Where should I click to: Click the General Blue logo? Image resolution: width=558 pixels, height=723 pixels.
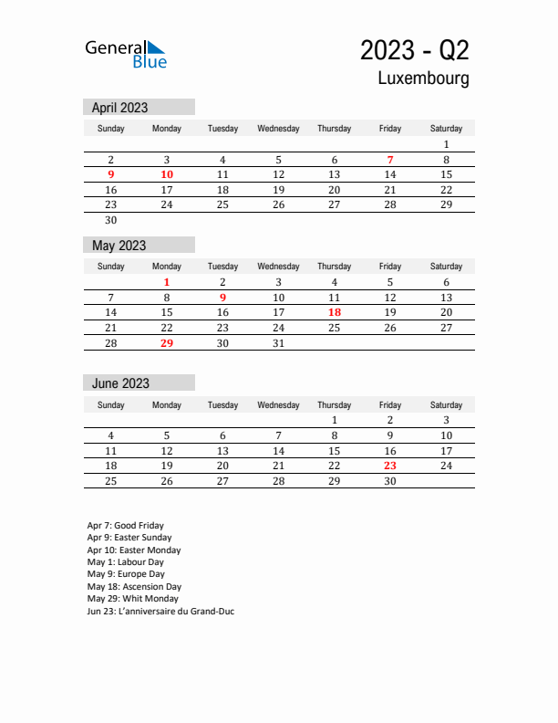pos(126,54)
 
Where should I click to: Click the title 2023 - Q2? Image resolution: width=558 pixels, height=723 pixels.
pos(415,49)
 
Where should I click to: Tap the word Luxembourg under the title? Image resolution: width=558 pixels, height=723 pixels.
pos(424,79)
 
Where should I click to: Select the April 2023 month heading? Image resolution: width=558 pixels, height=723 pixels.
pos(120,108)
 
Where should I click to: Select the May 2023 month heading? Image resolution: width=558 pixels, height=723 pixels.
pos(119,246)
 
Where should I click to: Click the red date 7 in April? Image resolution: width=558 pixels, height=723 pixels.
pos(390,160)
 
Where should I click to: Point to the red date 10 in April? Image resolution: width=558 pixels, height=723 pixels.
pos(167,174)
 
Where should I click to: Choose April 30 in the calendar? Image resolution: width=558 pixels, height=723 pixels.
pos(111,220)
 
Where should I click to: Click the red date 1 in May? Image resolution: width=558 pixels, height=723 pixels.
pos(167,283)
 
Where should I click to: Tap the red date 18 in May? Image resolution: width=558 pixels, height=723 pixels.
pos(335,312)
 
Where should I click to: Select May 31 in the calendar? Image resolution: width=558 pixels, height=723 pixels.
pos(279,343)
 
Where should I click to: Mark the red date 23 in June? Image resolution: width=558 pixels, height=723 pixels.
pos(390,466)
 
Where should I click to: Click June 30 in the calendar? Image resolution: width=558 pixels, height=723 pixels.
pos(390,481)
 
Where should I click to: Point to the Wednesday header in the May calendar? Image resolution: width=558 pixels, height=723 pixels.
pos(279,267)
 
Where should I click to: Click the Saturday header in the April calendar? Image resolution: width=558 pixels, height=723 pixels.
pos(446,129)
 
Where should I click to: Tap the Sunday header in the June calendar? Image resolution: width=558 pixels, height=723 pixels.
pos(111,404)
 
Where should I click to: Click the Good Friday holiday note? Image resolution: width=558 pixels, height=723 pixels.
pos(126,526)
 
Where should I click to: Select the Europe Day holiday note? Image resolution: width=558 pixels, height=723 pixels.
pos(126,574)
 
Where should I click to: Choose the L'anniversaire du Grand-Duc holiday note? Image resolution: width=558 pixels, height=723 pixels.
pos(160,612)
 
